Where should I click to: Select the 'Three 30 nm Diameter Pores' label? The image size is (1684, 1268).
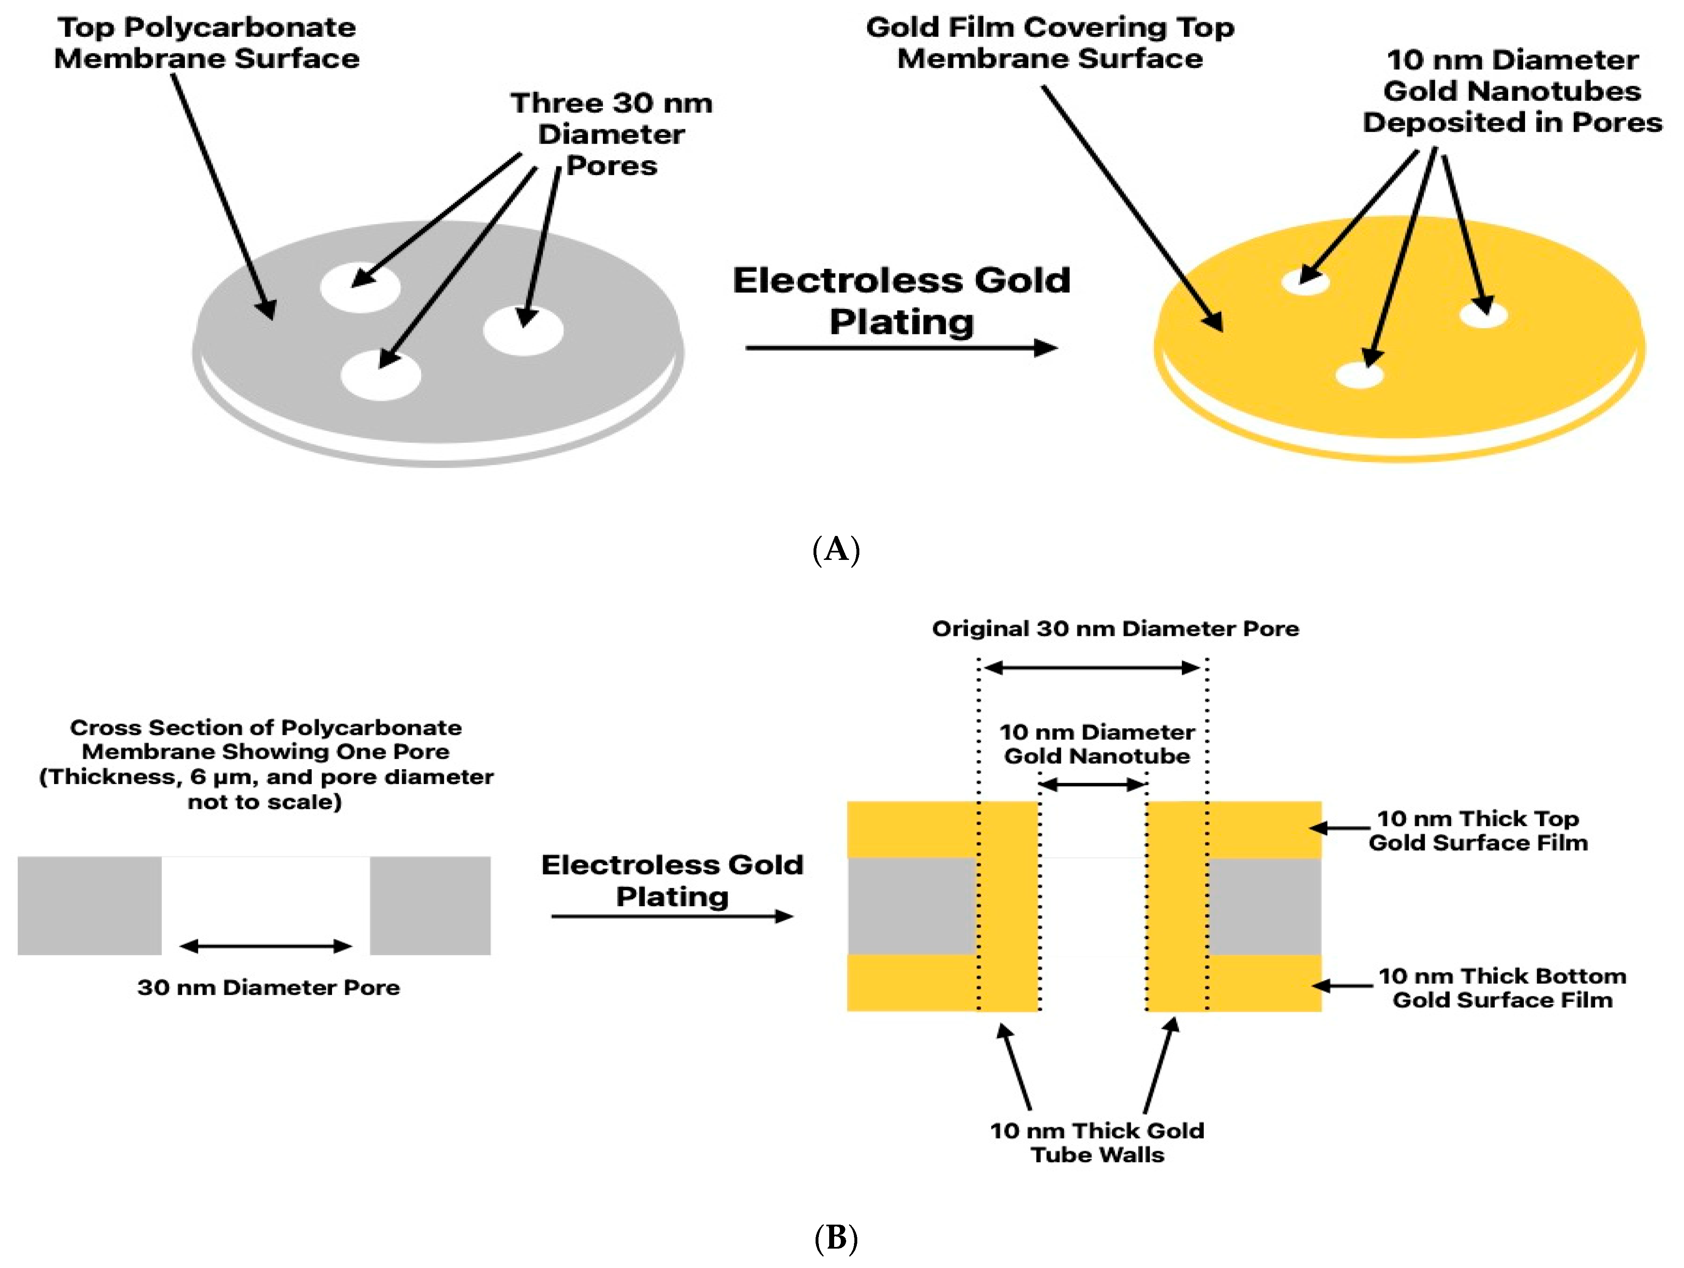pos(611,134)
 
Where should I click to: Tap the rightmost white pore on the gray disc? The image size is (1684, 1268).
pos(523,330)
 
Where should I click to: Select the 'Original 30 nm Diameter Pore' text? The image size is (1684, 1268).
pos(1115,629)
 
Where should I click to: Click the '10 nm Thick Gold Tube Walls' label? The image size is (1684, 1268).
pos(1097,1142)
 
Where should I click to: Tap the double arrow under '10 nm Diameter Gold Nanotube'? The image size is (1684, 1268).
pos(1093,785)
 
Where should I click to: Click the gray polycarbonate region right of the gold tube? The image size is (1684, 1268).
pos(1264,906)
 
